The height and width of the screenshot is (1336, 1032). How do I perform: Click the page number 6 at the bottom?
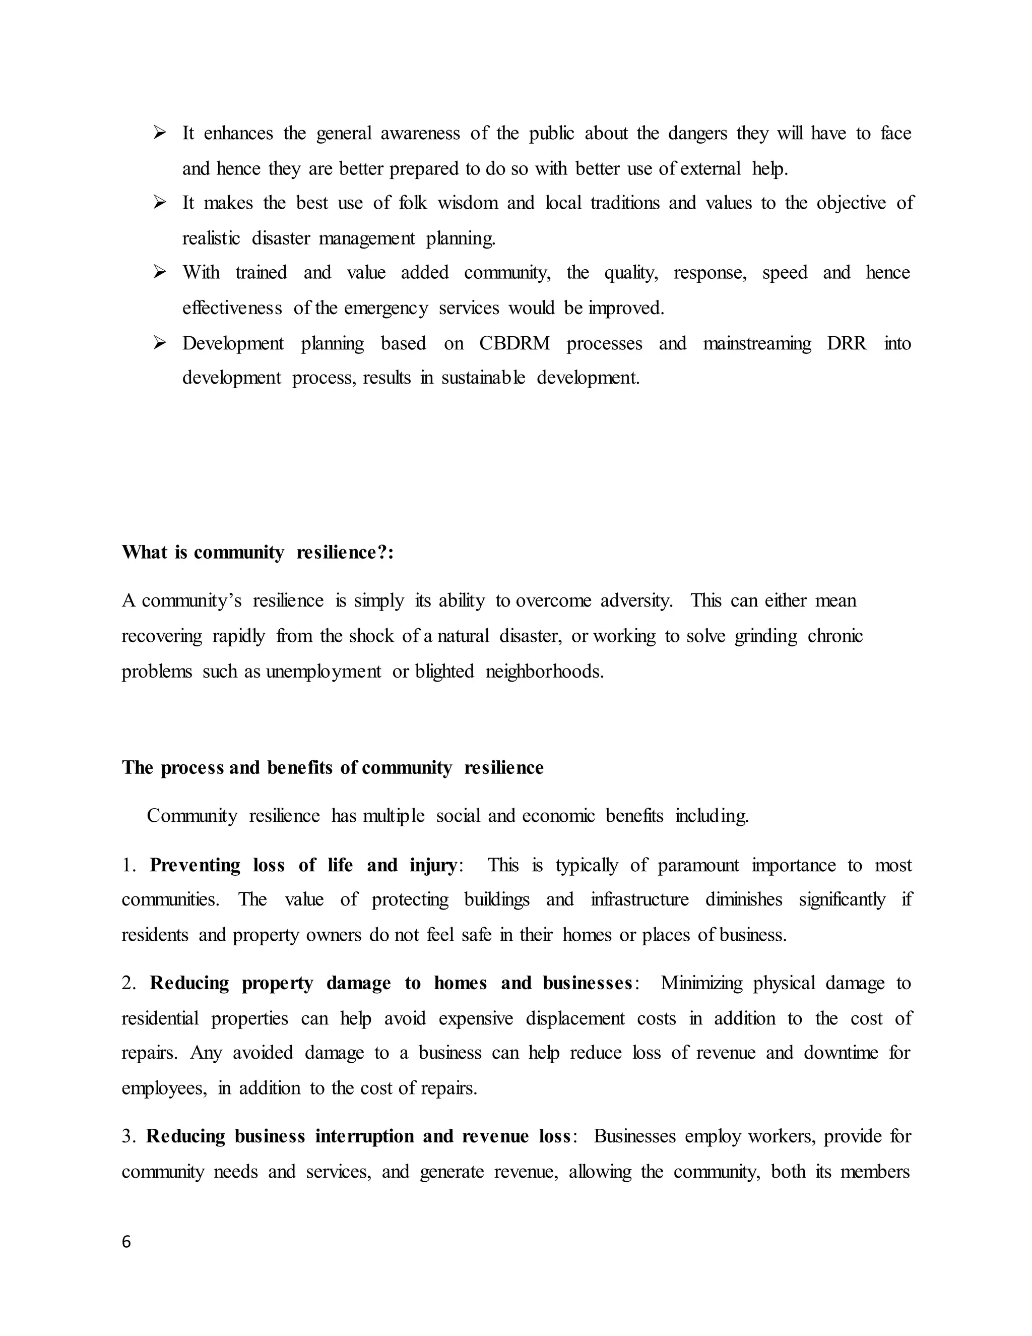[126, 1242]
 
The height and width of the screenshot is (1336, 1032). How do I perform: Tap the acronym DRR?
[846, 343]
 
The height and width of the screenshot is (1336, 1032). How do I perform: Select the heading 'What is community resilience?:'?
[257, 553]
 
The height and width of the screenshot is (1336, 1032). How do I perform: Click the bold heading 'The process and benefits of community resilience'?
[333, 768]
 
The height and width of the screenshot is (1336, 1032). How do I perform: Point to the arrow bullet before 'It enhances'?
[160, 133]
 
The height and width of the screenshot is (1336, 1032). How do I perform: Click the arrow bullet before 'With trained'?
[160, 272]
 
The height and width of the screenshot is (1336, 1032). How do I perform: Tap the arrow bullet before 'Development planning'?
[160, 343]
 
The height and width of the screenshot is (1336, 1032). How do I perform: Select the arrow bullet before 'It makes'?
[160, 203]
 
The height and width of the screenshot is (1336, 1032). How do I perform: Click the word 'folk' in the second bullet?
[413, 203]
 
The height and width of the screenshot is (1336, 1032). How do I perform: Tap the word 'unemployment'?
[324, 672]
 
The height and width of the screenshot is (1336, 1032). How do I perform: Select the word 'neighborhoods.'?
[544, 672]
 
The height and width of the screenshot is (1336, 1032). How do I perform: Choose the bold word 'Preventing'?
[195, 866]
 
